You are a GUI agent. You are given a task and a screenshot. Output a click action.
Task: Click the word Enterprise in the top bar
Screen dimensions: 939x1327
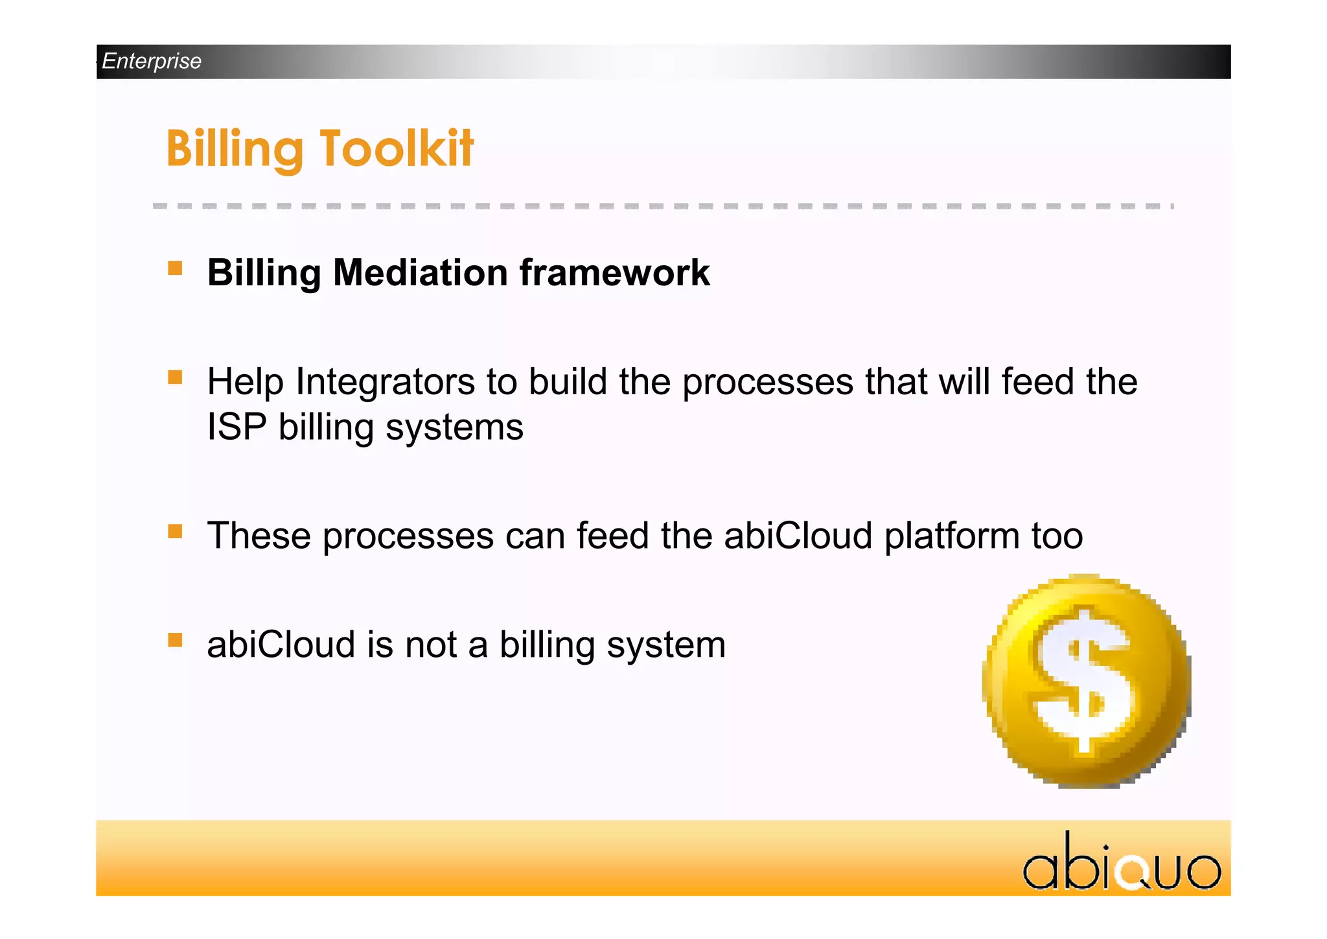152,61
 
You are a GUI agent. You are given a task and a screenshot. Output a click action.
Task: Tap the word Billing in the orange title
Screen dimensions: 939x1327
235,149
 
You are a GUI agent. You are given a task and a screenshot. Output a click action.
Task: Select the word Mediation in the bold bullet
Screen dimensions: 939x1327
421,272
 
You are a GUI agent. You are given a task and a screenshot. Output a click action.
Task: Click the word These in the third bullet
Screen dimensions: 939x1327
259,536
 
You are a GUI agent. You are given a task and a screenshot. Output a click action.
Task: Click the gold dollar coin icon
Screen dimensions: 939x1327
1087,681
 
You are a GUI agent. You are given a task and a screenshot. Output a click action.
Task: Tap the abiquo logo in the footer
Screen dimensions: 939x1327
1122,863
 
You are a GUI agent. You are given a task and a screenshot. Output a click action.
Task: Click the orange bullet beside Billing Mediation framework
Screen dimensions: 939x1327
175,268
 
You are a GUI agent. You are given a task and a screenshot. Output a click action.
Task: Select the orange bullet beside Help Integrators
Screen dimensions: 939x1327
175,377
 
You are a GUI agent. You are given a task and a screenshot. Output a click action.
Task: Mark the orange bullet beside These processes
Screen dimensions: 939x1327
175,532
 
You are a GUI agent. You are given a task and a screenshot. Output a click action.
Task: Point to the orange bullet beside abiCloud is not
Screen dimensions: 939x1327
175,641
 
